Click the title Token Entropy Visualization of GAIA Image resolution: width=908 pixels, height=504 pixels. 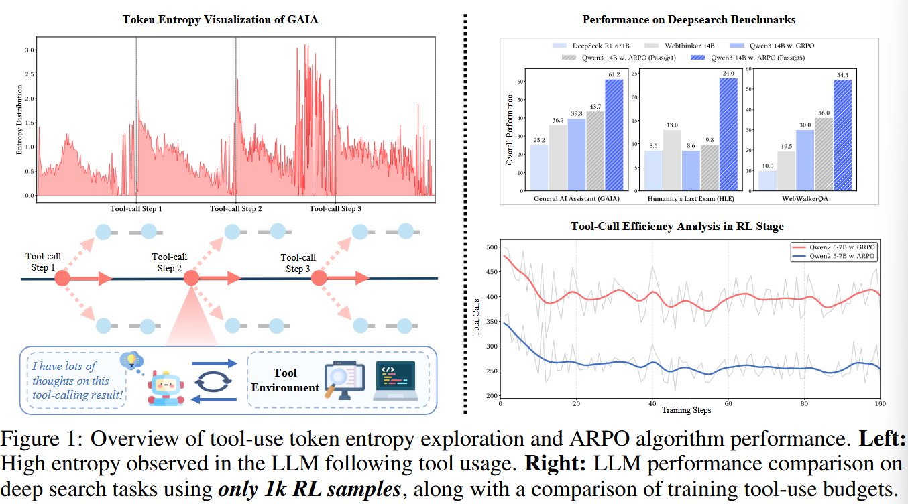[221, 19]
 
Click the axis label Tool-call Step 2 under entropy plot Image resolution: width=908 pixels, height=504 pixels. [236, 209]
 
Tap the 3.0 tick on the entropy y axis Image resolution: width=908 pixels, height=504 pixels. [30, 50]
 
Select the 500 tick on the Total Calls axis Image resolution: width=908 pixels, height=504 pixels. [492, 247]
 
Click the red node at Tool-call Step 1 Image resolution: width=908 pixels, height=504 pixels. [62, 278]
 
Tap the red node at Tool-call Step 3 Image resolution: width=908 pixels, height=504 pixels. [319, 278]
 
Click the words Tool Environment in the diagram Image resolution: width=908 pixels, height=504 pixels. [286, 380]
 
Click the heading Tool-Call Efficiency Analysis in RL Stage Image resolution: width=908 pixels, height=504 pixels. [677, 227]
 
